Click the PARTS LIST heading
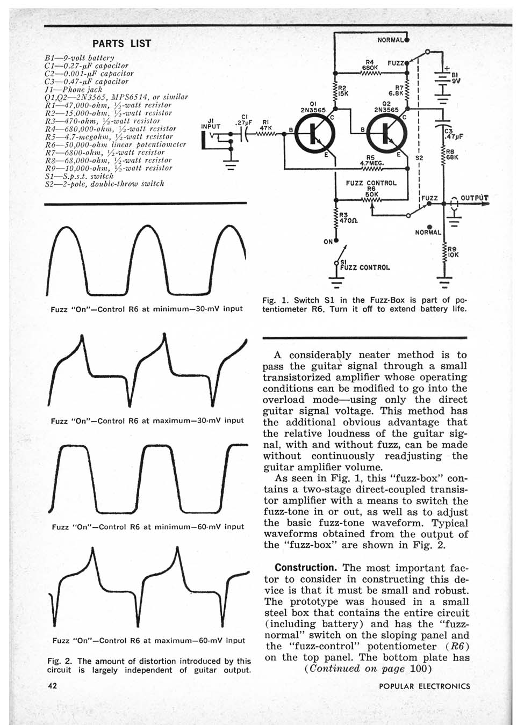tap(121, 44)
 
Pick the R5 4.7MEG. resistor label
tap(370, 161)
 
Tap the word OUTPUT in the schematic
tap(474, 198)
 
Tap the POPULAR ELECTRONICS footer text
tap(424, 686)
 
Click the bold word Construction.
tap(305, 568)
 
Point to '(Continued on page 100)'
tap(368, 669)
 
